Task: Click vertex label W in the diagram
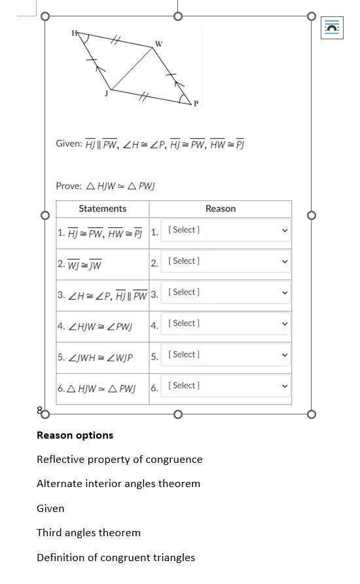(x=158, y=44)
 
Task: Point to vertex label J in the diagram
(x=105, y=94)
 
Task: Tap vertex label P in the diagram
(x=195, y=103)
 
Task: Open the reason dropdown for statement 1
(x=226, y=230)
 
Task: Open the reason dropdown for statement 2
(x=226, y=261)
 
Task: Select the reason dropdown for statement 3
(x=226, y=292)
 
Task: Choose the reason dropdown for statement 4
(x=226, y=323)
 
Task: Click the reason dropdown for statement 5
(x=226, y=354)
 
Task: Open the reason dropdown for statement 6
(x=226, y=386)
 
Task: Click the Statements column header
(x=103, y=209)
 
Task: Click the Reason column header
(x=220, y=209)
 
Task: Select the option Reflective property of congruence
(x=120, y=460)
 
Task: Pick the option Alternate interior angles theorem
(x=118, y=484)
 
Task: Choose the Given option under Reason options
(x=50, y=509)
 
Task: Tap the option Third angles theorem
(x=88, y=533)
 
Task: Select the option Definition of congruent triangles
(x=116, y=558)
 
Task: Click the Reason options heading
(x=75, y=435)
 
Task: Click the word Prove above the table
(x=69, y=186)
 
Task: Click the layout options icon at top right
(x=332, y=27)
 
